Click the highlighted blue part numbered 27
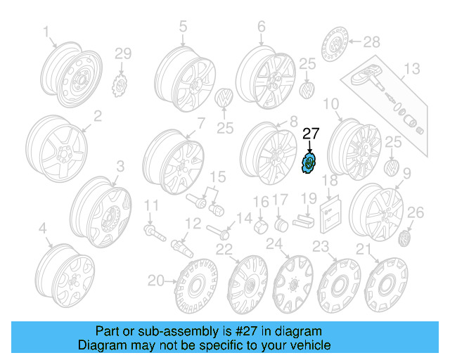click(x=308, y=163)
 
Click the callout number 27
click(x=310, y=133)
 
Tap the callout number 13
click(x=411, y=68)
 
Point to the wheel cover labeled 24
click(x=292, y=284)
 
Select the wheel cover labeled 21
click(x=385, y=284)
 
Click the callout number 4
click(x=43, y=229)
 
